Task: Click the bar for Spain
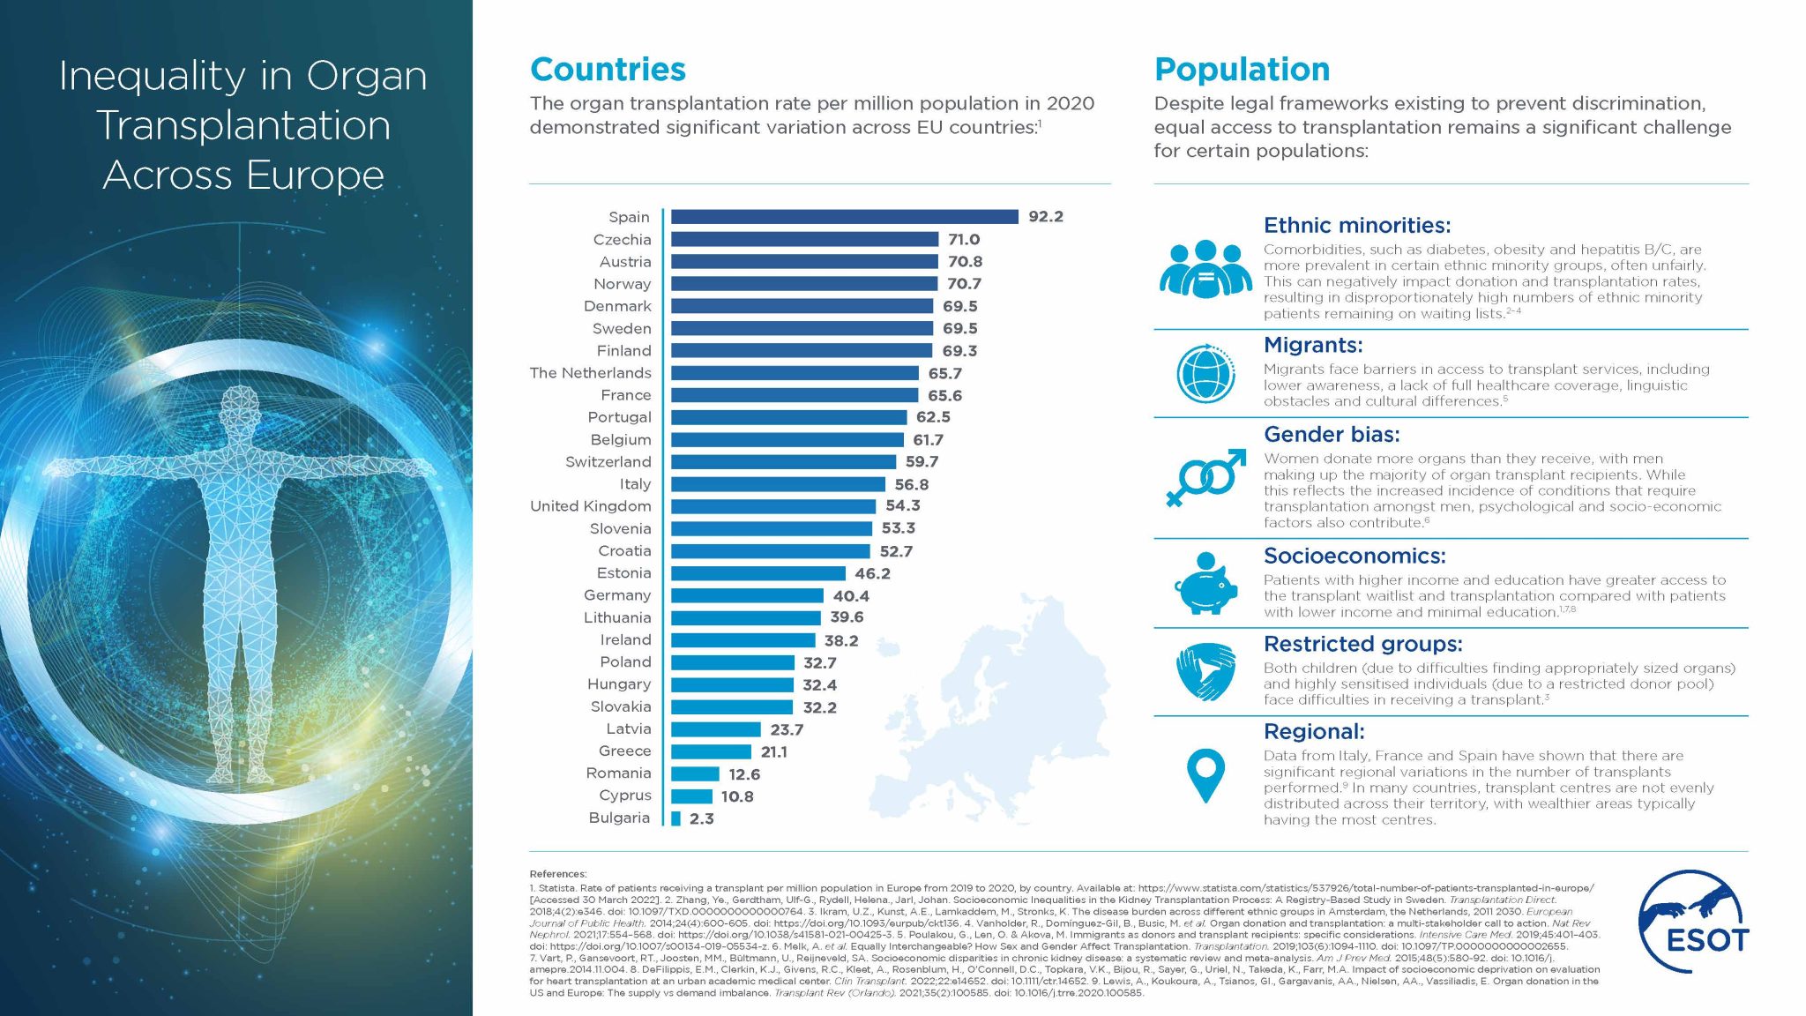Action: (844, 217)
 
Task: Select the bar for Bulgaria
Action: (675, 818)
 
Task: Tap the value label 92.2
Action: (1045, 217)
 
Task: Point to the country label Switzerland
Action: (608, 462)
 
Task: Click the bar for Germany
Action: (747, 596)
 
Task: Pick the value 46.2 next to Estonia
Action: (872, 573)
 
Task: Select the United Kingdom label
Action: (590, 506)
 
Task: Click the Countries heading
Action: (608, 70)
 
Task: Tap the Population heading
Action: (1242, 70)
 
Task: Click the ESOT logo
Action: (1693, 922)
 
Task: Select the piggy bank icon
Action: (1205, 584)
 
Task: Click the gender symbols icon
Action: (1205, 478)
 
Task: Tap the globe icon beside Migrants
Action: (1205, 373)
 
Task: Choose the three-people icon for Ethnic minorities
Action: (1205, 269)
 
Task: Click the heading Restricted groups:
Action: (1362, 644)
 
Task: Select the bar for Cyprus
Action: (691, 796)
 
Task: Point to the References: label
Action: (557, 874)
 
